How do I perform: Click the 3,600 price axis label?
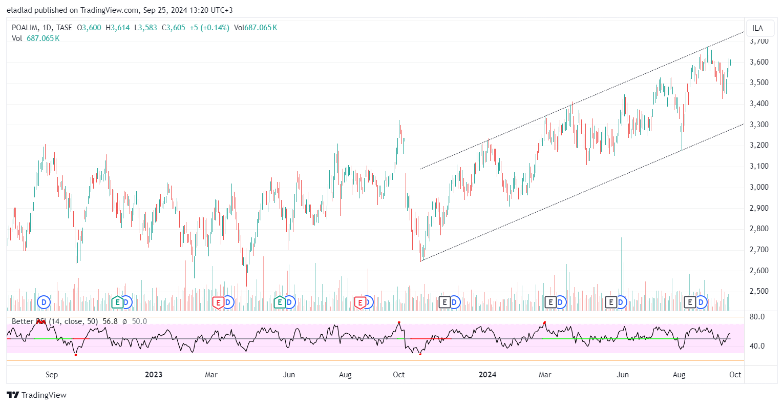tap(759, 62)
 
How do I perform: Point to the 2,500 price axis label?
tap(759, 291)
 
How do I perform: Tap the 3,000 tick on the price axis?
tap(759, 187)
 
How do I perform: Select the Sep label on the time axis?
tap(52, 375)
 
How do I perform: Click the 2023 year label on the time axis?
tap(153, 375)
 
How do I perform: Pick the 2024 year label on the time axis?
tap(487, 375)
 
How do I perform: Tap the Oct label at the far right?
tap(735, 375)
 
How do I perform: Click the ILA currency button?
tap(757, 28)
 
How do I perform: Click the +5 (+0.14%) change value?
tap(209, 28)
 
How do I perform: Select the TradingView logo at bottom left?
tap(37, 395)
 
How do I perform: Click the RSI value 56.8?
tap(110, 321)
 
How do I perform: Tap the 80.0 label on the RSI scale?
tap(757, 317)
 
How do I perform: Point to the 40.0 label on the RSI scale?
tap(757, 346)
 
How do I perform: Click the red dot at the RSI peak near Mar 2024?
tap(544, 322)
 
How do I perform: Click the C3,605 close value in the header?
tap(174, 28)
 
